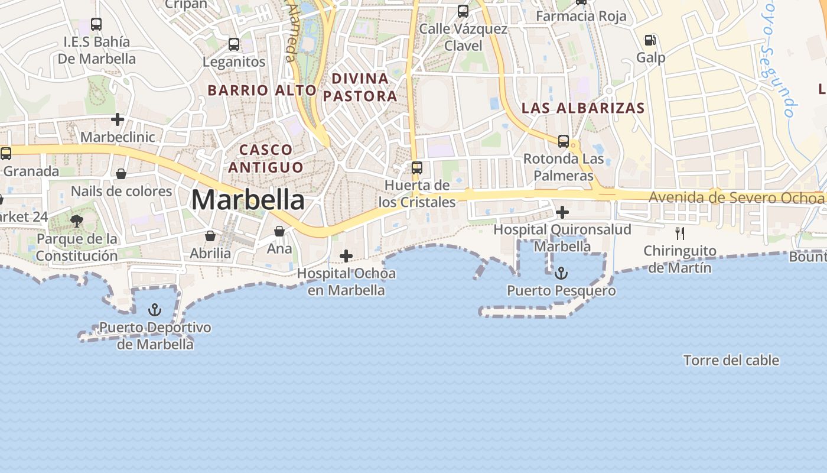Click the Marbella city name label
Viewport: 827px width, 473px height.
click(248, 200)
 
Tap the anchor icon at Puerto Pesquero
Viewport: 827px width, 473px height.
click(561, 273)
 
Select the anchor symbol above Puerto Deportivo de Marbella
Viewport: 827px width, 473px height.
click(154, 309)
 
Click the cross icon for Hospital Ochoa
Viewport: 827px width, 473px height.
click(346, 256)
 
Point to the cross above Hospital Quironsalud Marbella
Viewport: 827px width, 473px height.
click(562, 212)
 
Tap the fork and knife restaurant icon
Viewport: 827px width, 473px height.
click(680, 233)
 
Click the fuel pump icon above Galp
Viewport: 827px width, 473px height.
click(650, 40)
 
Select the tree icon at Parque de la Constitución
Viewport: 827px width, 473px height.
click(76, 221)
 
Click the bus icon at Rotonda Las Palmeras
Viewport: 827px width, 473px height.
click(564, 141)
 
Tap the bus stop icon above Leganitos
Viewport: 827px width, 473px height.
click(234, 44)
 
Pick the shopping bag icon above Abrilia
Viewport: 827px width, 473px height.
click(210, 236)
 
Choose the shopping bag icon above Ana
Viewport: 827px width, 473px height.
click(279, 231)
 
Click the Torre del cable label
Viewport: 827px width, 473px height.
click(731, 360)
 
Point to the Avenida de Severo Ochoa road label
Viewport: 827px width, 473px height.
click(736, 197)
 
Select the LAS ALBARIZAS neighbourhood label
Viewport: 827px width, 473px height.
click(583, 108)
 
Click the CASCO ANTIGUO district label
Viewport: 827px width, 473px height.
click(266, 158)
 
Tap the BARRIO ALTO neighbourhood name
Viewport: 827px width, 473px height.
click(262, 90)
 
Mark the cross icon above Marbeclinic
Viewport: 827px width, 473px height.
click(118, 119)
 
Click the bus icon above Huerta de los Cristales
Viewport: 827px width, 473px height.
click(417, 167)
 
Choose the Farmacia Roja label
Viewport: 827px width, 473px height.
click(581, 16)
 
